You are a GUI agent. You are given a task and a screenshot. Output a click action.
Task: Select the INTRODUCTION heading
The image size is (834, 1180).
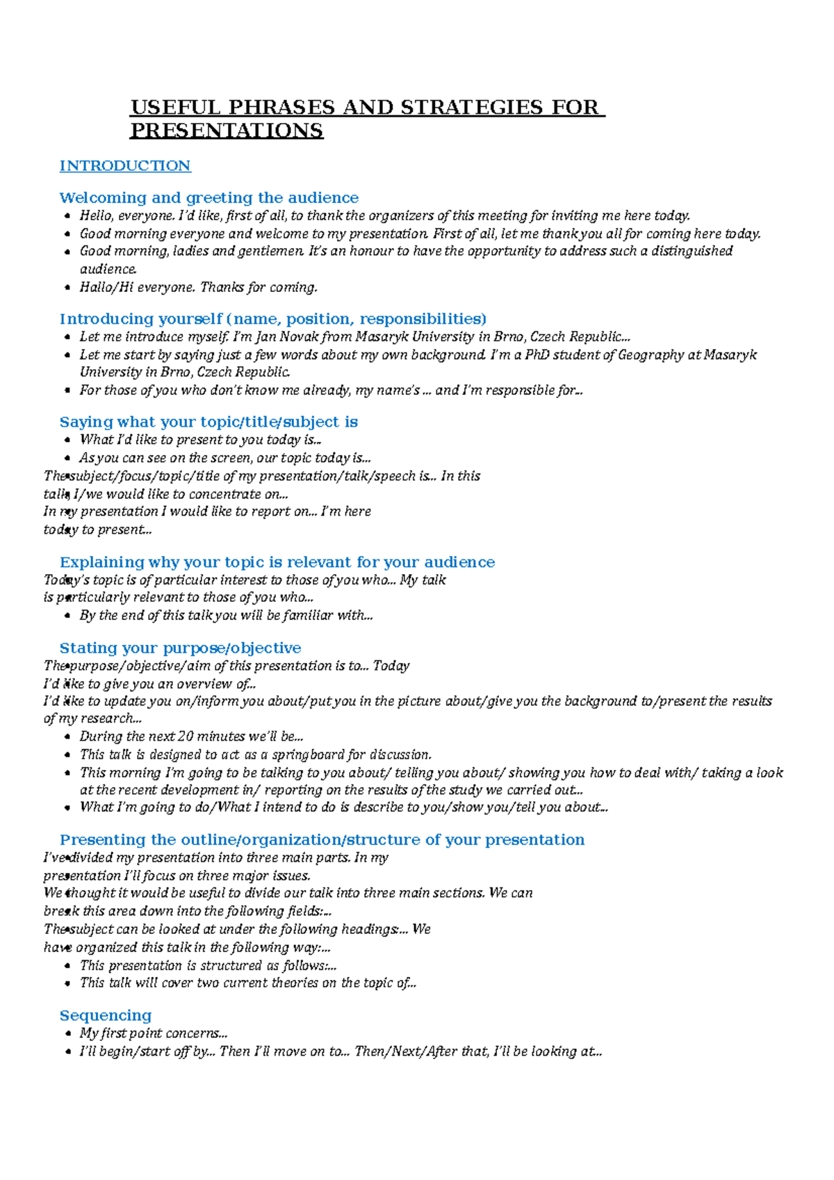(125, 166)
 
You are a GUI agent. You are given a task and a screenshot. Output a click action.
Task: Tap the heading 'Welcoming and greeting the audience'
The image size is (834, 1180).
(208, 198)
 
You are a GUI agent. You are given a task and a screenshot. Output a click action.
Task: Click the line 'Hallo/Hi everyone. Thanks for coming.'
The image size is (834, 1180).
(198, 287)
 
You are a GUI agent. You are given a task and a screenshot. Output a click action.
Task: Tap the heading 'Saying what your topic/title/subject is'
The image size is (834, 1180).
(208, 422)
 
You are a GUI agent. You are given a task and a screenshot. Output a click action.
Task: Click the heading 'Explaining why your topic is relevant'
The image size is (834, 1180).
(277, 562)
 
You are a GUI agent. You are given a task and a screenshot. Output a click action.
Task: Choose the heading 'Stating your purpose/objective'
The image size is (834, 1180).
(180, 648)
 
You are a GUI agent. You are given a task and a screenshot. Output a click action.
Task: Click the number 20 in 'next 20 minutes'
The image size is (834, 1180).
(185, 737)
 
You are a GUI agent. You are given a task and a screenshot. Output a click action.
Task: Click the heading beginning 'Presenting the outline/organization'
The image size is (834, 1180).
(322, 840)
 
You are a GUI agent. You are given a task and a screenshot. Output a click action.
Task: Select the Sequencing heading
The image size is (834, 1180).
(106, 1016)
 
